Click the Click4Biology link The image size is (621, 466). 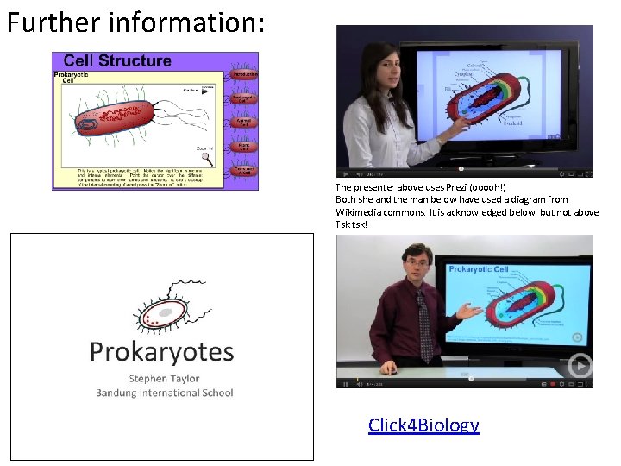coord(423,425)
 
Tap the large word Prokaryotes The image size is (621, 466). coord(162,352)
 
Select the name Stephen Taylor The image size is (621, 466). coord(164,378)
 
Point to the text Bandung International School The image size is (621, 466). coord(164,393)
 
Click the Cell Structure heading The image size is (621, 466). coord(117,61)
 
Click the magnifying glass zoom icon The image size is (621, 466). coord(207,158)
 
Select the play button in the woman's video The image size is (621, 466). coord(346,173)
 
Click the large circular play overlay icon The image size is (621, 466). coord(579,366)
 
